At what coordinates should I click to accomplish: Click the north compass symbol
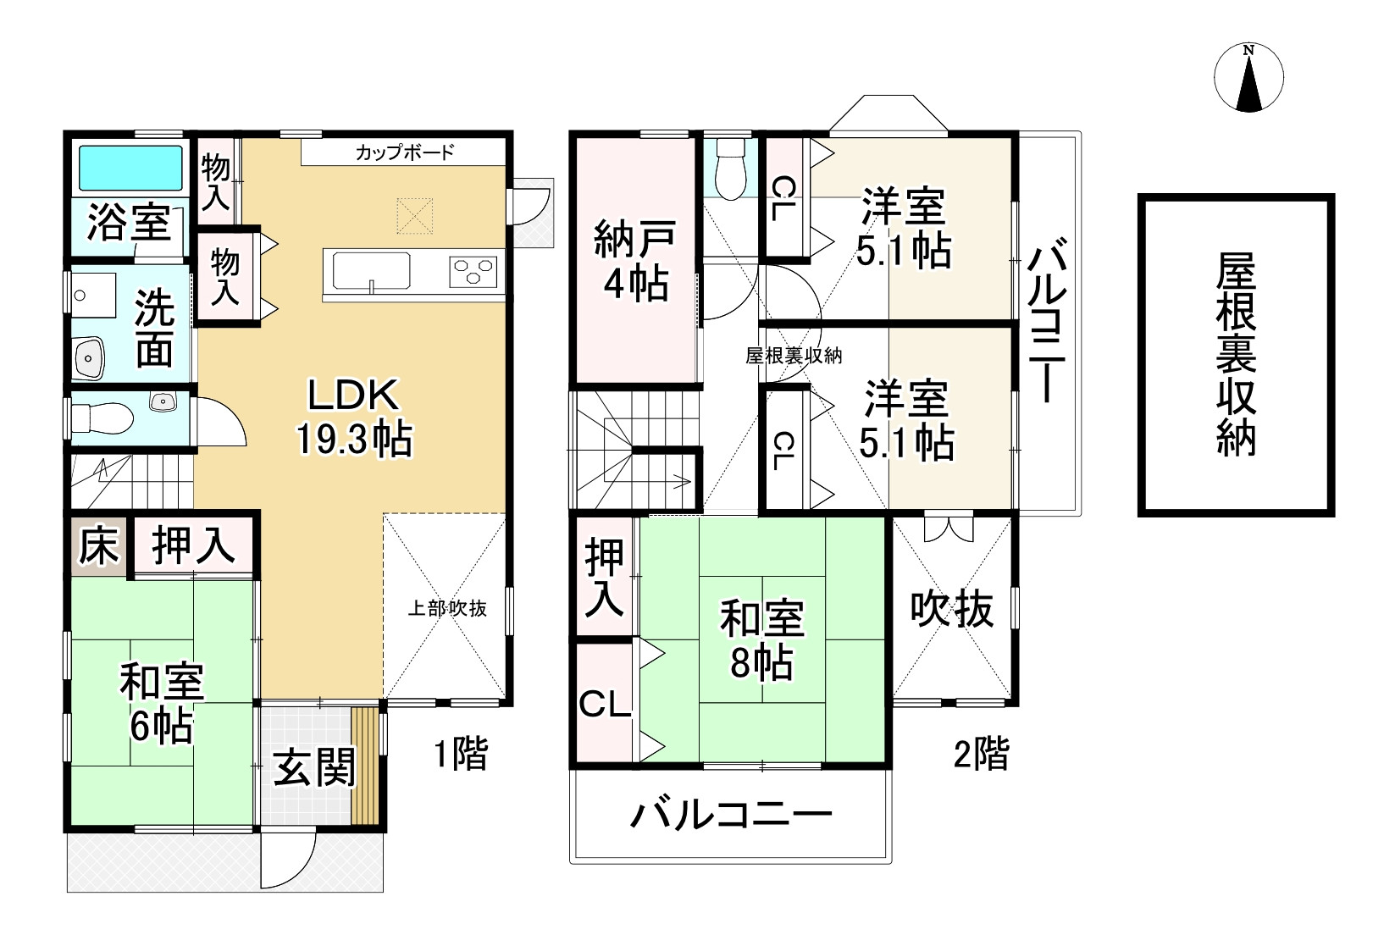[1248, 78]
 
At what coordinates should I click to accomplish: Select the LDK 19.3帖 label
[353, 418]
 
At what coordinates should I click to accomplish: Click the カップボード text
[405, 153]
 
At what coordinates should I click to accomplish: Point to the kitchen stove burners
[473, 270]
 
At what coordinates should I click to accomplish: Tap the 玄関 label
[314, 769]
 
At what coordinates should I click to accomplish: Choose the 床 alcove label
[98, 546]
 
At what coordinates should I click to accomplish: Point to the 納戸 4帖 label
[634, 261]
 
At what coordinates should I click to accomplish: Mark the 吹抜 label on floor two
[952, 609]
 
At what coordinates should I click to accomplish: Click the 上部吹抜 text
[447, 608]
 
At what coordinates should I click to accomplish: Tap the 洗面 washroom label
[155, 328]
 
